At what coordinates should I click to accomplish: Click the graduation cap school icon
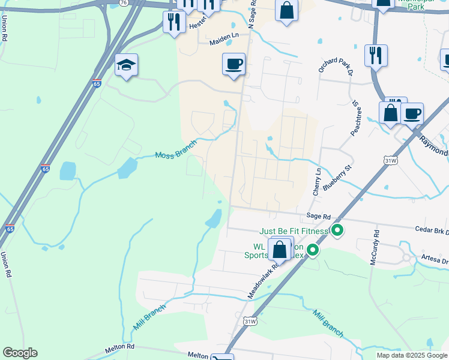point(127,65)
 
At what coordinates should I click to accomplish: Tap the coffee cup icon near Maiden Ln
point(234,63)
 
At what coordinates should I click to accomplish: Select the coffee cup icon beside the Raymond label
point(412,113)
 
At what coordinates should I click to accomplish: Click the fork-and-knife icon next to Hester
point(174,22)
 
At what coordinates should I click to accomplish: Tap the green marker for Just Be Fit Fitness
point(337,230)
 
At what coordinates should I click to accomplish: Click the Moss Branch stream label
point(176,154)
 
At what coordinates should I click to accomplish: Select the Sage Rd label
point(318,216)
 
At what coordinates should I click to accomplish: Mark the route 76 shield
point(123,3)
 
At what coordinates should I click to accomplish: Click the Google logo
point(20,352)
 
